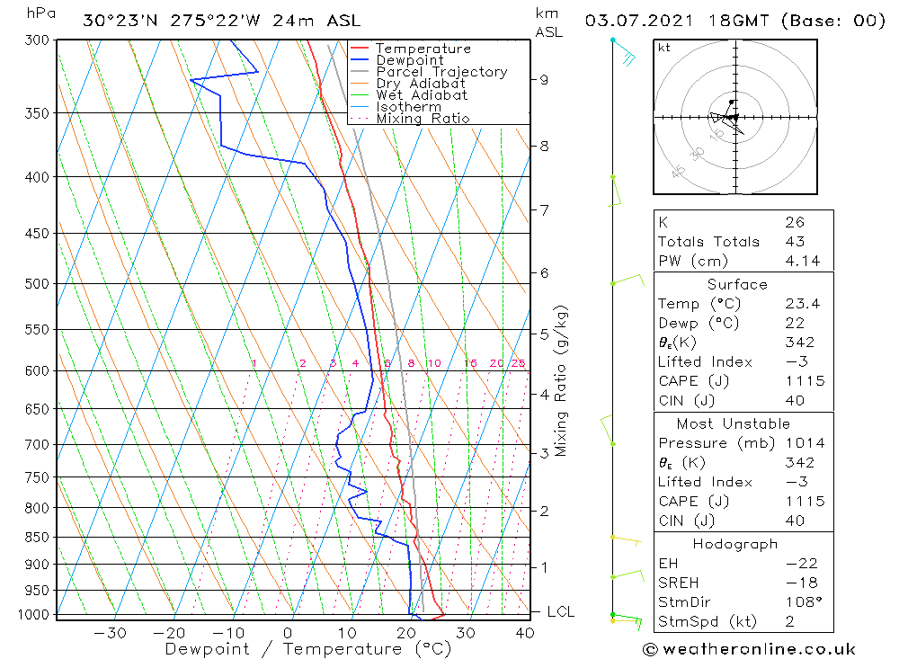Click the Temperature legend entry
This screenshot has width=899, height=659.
423,49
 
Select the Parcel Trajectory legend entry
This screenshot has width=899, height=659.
441,72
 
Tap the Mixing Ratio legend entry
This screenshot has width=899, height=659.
423,118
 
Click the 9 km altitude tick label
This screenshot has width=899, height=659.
545,79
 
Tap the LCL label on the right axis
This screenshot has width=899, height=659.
560,612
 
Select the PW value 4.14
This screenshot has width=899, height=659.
802,261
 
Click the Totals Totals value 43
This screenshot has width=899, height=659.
795,241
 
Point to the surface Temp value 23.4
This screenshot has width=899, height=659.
802,304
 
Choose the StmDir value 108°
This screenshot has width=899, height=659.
802,601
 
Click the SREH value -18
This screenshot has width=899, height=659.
800,583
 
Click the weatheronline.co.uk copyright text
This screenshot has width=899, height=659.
749,649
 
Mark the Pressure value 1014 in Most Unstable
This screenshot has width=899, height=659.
804,443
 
